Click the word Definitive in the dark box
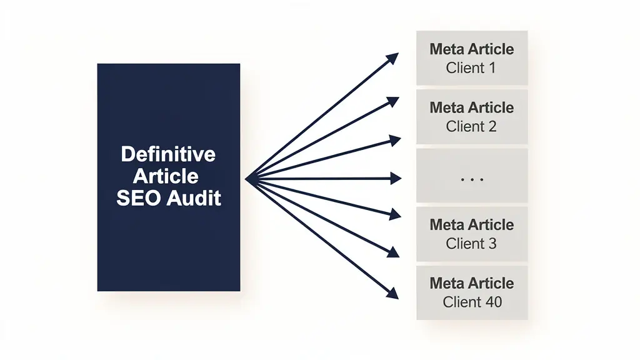[x=168, y=154]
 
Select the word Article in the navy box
[x=168, y=176]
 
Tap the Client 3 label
[x=471, y=244]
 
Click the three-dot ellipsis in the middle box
[x=472, y=179]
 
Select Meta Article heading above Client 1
[x=472, y=49]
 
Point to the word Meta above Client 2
[x=447, y=107]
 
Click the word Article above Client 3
[x=491, y=224]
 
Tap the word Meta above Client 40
[x=447, y=283]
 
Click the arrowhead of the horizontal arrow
[x=395, y=179]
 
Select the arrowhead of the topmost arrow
[x=393, y=58]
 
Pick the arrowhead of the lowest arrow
[x=393, y=292]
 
